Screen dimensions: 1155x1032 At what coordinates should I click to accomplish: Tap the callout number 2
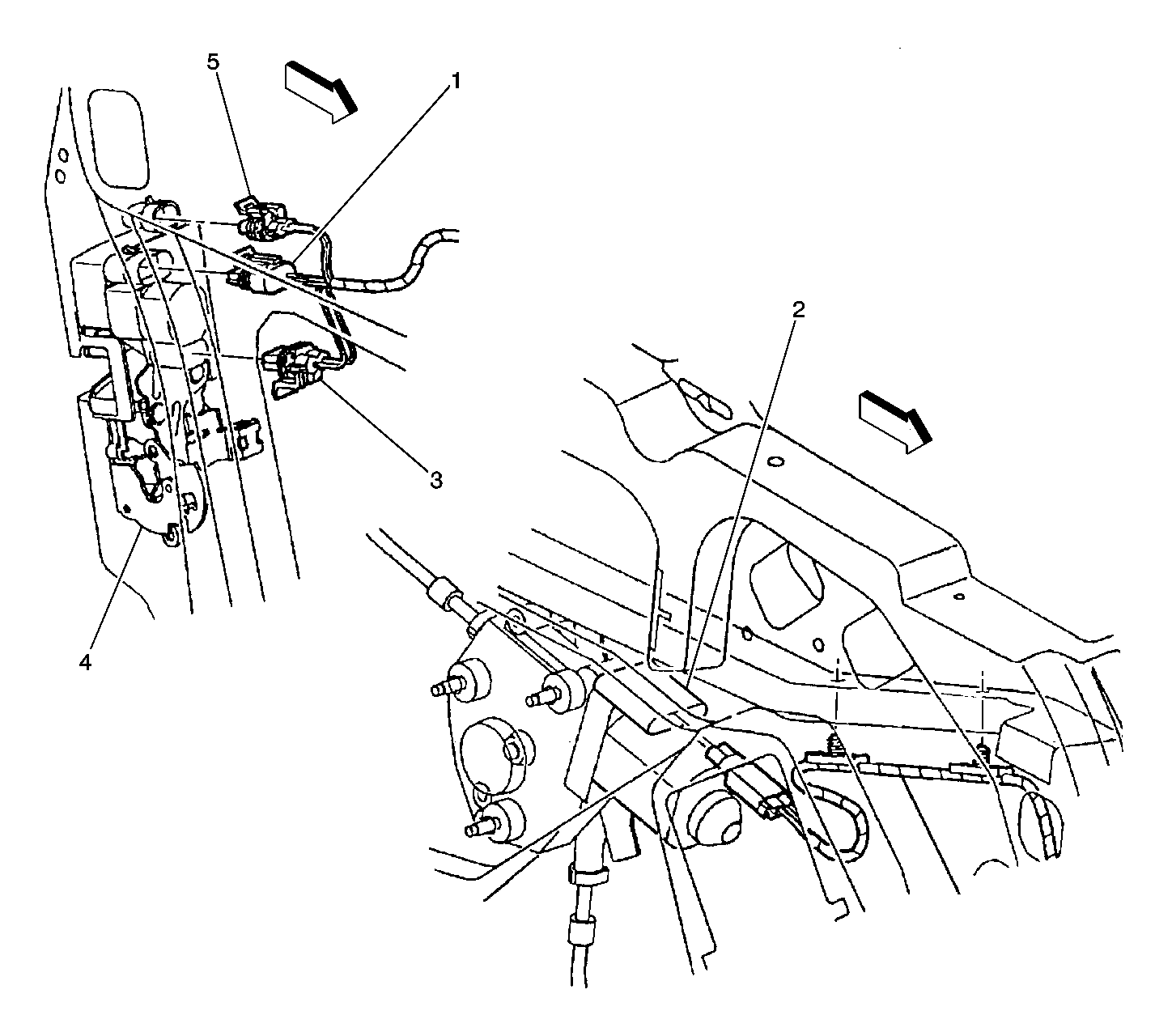(x=798, y=309)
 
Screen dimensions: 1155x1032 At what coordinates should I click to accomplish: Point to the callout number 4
(x=85, y=662)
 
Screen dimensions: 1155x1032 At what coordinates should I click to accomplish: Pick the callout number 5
(x=213, y=62)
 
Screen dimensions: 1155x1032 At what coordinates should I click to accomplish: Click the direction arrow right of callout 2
(x=895, y=422)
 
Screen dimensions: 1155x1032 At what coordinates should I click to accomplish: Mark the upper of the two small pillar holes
(x=62, y=155)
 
